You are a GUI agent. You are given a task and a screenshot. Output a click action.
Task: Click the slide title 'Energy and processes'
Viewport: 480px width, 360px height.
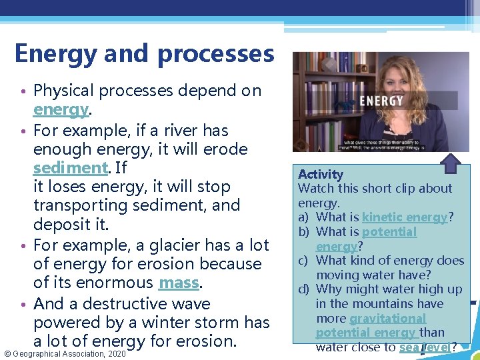pyautogui.click(x=144, y=53)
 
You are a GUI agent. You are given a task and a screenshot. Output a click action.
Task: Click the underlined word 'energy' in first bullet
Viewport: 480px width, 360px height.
pyautogui.click(x=61, y=109)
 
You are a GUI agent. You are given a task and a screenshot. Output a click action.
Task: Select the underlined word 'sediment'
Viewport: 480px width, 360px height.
pyautogui.click(x=70, y=167)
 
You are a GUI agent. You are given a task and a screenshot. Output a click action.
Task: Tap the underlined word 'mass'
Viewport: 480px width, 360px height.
pyautogui.click(x=179, y=283)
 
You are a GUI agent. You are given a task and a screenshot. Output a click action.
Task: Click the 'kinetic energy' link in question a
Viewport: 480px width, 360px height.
pyautogui.click(x=405, y=217)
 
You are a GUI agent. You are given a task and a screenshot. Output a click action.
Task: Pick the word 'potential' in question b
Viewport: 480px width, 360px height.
pyautogui.click(x=389, y=232)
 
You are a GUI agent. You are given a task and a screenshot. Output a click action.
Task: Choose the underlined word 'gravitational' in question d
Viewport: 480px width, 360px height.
pyautogui.click(x=387, y=319)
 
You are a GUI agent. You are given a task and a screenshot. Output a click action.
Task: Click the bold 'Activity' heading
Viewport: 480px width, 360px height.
pyautogui.click(x=321, y=174)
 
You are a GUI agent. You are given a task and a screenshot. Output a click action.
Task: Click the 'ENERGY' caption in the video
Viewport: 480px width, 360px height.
pyautogui.click(x=381, y=101)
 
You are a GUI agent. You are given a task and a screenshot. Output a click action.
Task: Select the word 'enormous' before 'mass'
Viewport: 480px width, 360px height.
pyautogui.click(x=121, y=283)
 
